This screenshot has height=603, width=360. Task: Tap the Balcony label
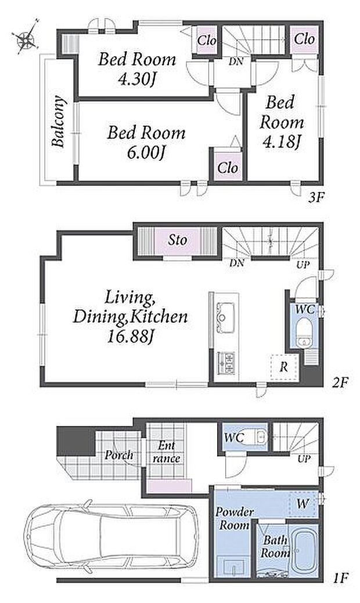(x=59, y=121)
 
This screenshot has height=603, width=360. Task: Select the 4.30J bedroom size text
(x=136, y=80)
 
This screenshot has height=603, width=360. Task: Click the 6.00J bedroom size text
(x=146, y=153)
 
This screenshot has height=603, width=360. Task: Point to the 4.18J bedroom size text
(x=282, y=142)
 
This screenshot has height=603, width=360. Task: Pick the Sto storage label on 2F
(x=177, y=240)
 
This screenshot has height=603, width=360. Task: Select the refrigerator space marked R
(x=285, y=367)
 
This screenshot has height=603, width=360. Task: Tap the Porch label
(x=119, y=455)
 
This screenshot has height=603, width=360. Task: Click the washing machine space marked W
(x=303, y=504)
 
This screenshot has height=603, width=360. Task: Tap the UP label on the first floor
(x=304, y=459)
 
